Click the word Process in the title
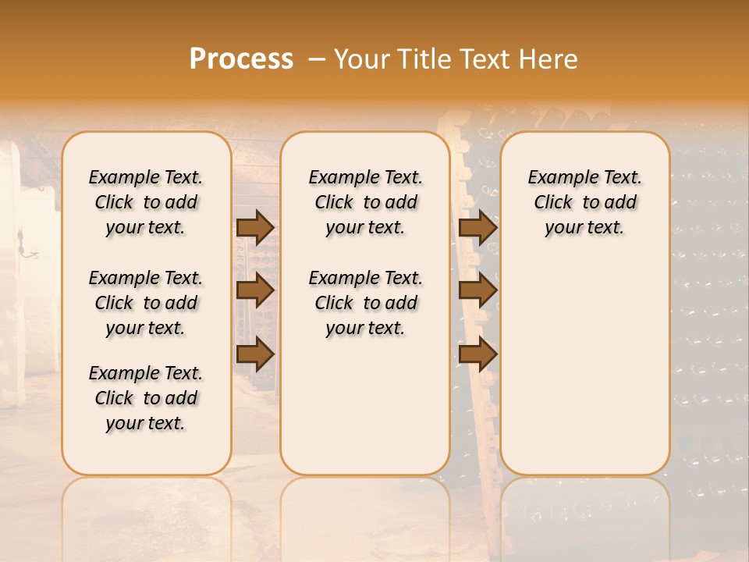click(x=241, y=59)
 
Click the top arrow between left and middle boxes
click(x=255, y=227)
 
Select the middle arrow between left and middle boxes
click(x=255, y=290)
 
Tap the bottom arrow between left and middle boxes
click(x=255, y=354)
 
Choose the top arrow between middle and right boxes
click(x=478, y=227)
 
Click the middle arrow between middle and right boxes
click(x=478, y=290)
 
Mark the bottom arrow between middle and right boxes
click(x=478, y=354)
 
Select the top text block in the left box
click(x=146, y=202)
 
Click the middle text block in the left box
click(x=146, y=303)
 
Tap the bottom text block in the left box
click(x=146, y=398)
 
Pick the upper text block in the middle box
click(x=365, y=202)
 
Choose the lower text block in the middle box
click(x=365, y=303)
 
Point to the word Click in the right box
click(x=553, y=203)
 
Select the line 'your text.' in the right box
click(x=584, y=228)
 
